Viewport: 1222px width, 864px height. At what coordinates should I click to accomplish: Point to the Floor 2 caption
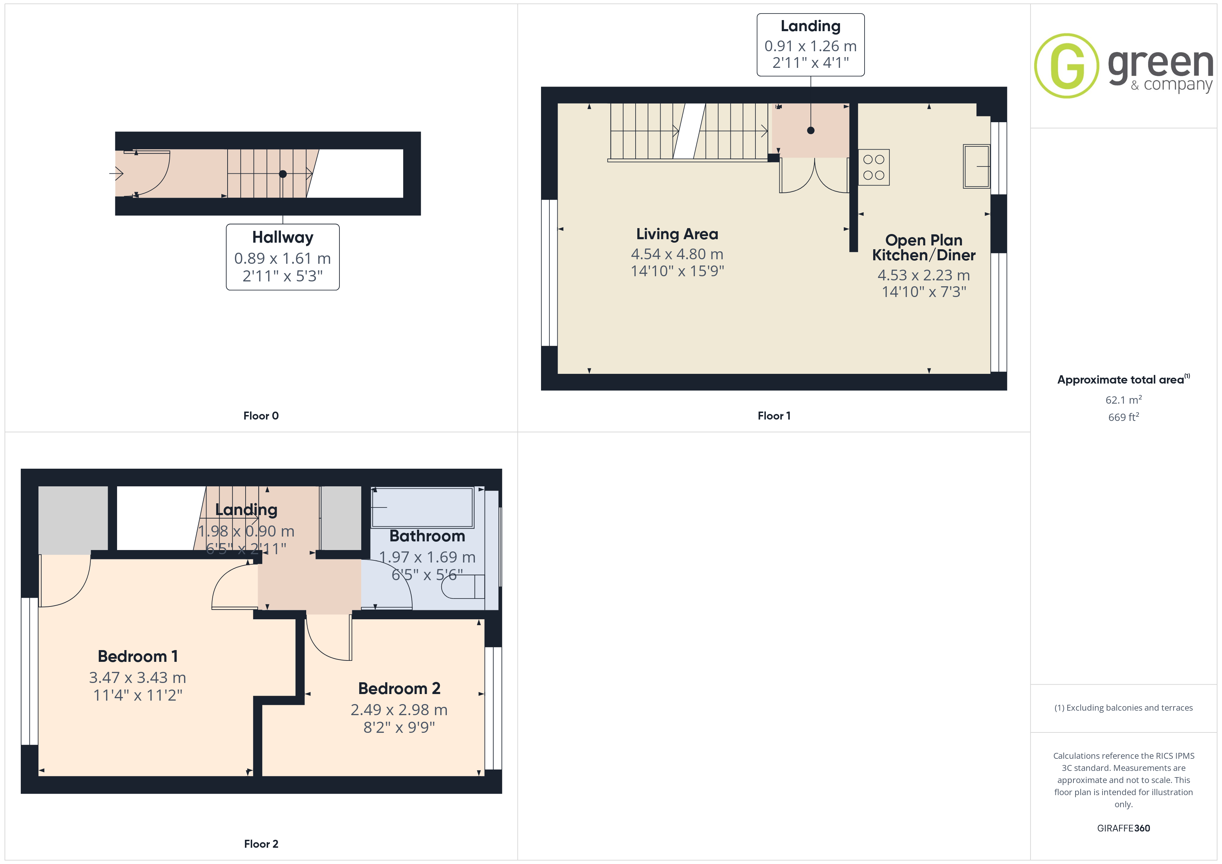pos(261,844)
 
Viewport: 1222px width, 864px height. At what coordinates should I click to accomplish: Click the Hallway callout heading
pos(283,237)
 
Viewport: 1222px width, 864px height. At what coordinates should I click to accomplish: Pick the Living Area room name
pos(677,234)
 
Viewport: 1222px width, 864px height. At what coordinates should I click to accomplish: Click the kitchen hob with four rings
pos(874,167)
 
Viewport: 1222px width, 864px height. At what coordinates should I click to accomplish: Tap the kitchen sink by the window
pos(977,166)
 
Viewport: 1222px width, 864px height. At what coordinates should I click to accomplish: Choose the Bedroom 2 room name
pos(399,688)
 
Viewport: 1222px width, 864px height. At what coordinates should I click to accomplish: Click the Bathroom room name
pos(427,536)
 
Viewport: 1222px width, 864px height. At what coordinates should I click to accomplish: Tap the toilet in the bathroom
pos(463,586)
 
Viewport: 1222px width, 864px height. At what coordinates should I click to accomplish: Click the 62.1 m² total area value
pos(1124,399)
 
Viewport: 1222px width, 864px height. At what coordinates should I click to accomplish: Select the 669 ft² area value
pos(1124,417)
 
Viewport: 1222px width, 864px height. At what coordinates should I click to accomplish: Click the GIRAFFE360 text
pos(1124,828)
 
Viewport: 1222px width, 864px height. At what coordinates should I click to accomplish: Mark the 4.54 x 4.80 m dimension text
pos(677,254)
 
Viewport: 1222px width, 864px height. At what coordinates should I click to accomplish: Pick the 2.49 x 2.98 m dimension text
pos(399,710)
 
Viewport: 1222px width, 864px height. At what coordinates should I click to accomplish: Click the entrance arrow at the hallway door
pos(117,173)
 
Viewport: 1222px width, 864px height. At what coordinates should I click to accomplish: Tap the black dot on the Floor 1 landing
pos(811,130)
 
